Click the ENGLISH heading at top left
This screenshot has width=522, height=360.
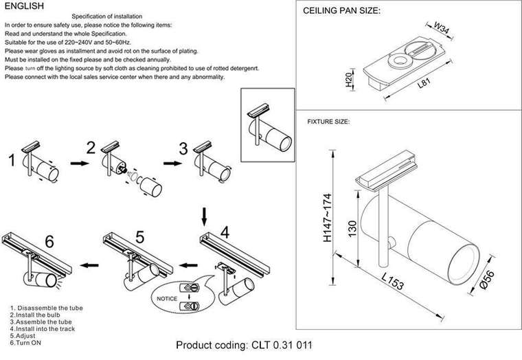click(x=24, y=6)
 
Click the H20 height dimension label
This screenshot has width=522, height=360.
click(x=349, y=81)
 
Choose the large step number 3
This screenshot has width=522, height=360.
click(x=183, y=149)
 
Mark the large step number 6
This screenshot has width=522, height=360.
click(x=47, y=241)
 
